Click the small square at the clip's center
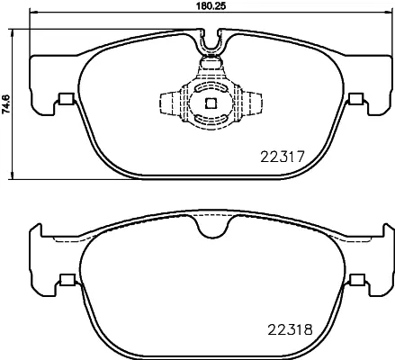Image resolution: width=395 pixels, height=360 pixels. click(x=210, y=102)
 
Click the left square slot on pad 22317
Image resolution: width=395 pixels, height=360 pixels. click(x=64, y=99)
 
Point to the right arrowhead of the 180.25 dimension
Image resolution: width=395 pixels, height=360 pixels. click(x=387, y=14)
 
